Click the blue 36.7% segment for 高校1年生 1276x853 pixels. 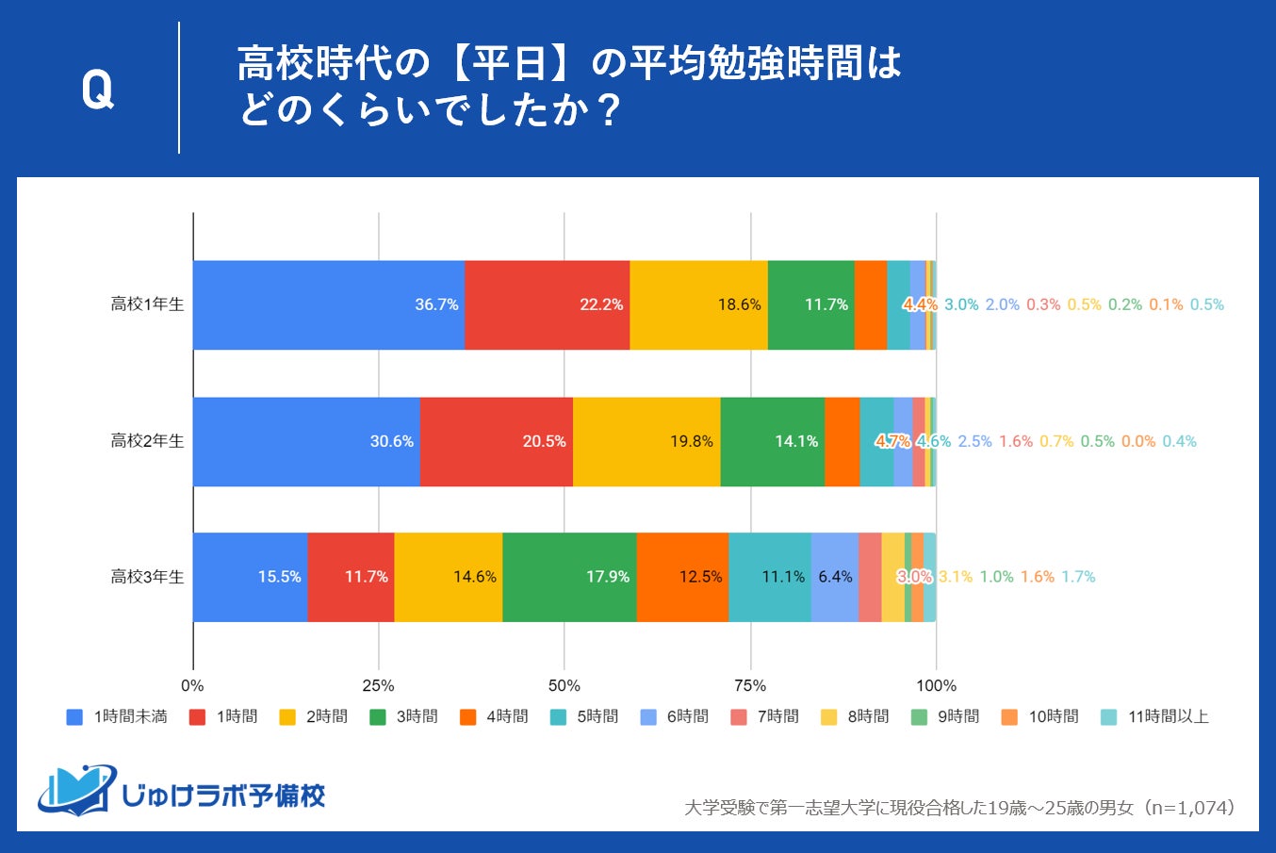point(328,304)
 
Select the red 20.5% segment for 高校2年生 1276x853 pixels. point(496,441)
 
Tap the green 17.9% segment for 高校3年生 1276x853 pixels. point(569,577)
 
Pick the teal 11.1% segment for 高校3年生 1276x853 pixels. point(769,577)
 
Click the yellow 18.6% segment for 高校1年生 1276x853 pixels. point(698,304)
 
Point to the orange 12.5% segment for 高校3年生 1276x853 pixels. point(681,577)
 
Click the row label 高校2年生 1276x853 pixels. point(147,441)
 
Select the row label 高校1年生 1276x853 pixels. point(147,304)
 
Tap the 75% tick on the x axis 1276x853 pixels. point(750,685)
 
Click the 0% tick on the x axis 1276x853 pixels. point(192,685)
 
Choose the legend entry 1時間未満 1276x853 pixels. point(117,717)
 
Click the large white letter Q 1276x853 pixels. point(97,90)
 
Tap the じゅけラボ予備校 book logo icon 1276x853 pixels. point(75,790)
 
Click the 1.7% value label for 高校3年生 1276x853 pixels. point(1078,577)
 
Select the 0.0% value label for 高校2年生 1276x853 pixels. point(1138,441)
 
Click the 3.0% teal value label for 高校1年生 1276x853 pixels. point(961,304)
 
